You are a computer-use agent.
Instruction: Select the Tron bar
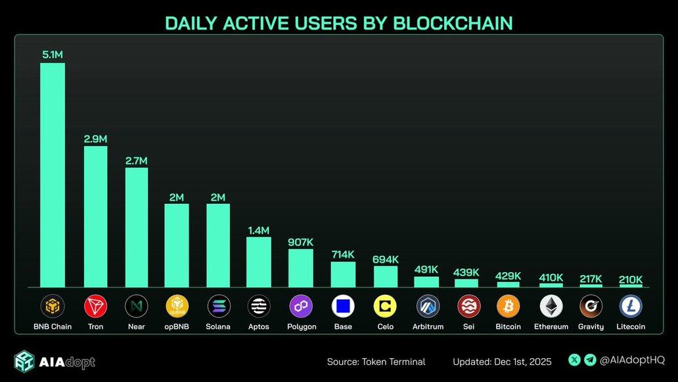95,217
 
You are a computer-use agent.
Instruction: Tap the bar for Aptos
259,262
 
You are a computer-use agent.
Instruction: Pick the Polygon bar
301,268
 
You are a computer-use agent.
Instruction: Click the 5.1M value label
53,55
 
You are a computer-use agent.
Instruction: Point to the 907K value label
301,241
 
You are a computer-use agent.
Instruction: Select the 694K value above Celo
385,259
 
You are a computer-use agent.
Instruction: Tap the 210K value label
631,279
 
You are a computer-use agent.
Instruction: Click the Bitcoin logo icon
508,306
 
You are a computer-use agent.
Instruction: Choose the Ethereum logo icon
551,306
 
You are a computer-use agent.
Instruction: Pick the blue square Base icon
343,306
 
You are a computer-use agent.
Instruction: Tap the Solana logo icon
219,306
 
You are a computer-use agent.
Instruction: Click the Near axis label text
136,327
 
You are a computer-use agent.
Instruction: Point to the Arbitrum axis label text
428,327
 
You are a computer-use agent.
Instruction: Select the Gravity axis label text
591,327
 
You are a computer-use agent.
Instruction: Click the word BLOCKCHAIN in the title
453,23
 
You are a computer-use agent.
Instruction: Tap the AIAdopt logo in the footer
55,362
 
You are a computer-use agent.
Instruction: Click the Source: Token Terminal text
376,362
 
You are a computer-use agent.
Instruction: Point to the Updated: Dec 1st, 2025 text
502,362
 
